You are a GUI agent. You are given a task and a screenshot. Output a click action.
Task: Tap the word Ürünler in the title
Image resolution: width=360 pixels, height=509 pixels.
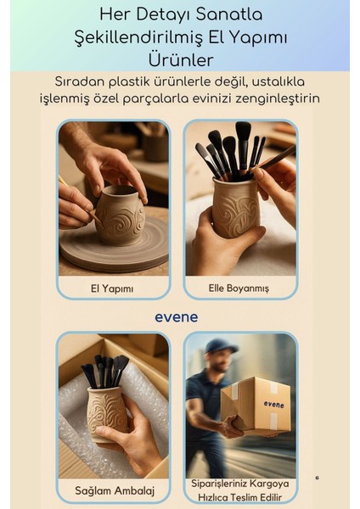[x=179, y=60]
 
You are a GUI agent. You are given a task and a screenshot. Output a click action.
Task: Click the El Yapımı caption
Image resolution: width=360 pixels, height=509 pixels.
[x=113, y=288]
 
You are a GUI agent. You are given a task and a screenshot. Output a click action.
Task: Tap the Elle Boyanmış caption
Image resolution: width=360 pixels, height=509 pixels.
[x=239, y=288]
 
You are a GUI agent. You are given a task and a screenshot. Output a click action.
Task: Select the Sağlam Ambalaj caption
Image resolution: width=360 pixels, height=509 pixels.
[x=113, y=489]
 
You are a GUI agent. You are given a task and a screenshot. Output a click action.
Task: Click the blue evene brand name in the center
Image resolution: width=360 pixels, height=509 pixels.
[x=177, y=316]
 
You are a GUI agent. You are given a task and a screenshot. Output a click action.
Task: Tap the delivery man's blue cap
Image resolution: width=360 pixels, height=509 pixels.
[x=220, y=346]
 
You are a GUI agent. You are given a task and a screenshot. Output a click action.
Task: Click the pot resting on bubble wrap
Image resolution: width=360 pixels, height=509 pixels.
[x=107, y=413]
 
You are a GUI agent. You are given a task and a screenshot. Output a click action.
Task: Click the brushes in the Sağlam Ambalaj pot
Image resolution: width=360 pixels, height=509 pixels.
[x=104, y=371]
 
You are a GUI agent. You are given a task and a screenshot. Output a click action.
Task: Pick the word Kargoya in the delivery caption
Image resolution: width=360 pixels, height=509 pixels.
[x=263, y=484]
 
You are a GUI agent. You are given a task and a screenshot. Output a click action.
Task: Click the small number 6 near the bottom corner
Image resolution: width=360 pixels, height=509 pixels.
[x=317, y=478]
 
